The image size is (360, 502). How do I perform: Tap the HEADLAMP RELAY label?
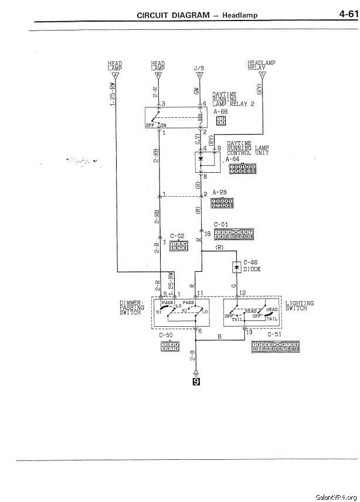(261, 64)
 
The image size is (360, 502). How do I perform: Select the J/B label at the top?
(199, 68)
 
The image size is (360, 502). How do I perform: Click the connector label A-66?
(220, 111)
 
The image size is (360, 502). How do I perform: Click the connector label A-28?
(220, 192)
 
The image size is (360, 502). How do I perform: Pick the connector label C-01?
(221, 224)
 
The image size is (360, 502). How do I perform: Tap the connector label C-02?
(178, 236)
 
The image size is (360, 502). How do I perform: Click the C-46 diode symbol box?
(237, 268)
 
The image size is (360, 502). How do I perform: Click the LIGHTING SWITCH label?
(299, 306)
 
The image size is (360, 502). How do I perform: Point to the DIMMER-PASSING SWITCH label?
(132, 308)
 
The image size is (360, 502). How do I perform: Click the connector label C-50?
(167, 336)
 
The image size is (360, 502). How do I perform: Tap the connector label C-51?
(274, 336)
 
